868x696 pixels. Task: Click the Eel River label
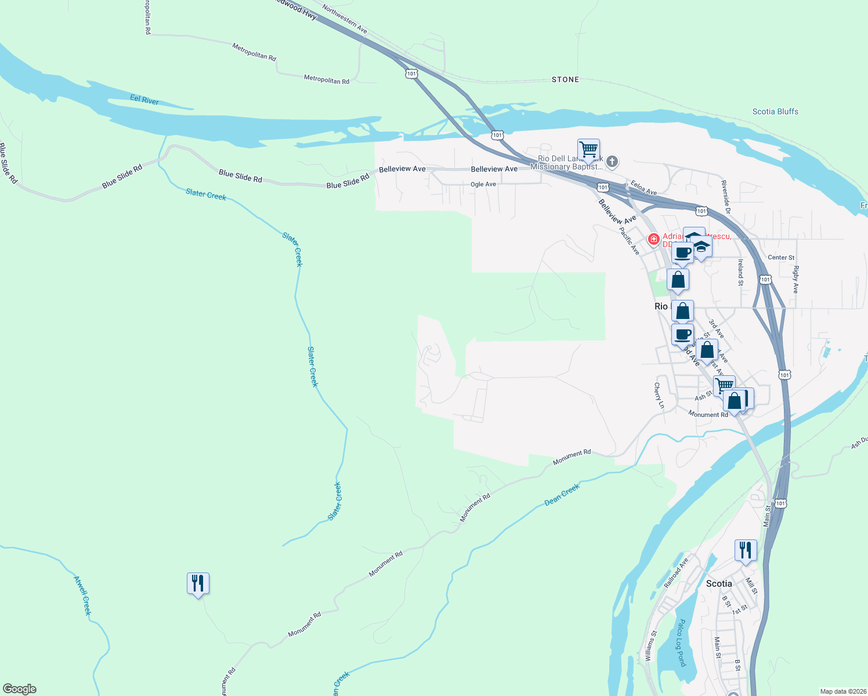144,100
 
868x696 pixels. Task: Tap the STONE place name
565,79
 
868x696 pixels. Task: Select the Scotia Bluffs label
775,111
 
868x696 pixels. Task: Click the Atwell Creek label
82,595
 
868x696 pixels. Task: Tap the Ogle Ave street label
483,184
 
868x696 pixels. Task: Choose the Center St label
781,258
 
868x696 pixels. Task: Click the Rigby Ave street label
796,279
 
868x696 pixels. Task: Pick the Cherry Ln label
659,395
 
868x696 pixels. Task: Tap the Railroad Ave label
676,572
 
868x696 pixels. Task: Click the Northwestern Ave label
345,19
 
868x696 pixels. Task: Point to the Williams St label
651,646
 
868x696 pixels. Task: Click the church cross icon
612,161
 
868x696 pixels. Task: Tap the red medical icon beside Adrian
653,239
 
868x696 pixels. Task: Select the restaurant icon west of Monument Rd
198,583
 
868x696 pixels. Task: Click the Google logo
20,689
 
